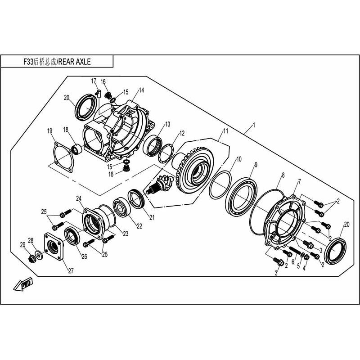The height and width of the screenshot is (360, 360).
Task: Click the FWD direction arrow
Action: click(23, 284)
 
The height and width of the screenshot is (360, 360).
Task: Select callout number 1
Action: click(254, 125)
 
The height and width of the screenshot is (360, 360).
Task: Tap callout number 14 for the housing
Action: click(141, 90)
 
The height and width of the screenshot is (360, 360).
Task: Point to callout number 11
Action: click(226, 131)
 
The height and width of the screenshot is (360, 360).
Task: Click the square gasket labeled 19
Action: click(63, 157)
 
